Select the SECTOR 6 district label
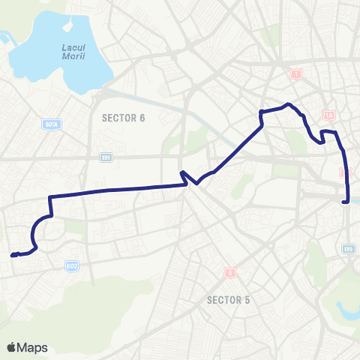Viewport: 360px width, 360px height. [x=123, y=118]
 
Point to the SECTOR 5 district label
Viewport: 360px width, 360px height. [x=229, y=301]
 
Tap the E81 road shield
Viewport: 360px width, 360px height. [x=106, y=157]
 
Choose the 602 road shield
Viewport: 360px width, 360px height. [x=72, y=266]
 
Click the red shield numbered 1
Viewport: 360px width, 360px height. [x=297, y=74]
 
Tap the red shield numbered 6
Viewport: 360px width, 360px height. [x=229, y=273]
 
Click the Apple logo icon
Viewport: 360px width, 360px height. [x=12, y=347]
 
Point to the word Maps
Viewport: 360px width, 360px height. [x=33, y=347]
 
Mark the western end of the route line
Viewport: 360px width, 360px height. [x=13, y=255]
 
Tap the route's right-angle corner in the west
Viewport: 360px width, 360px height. [x=50, y=197]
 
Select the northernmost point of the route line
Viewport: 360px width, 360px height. [x=288, y=104]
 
